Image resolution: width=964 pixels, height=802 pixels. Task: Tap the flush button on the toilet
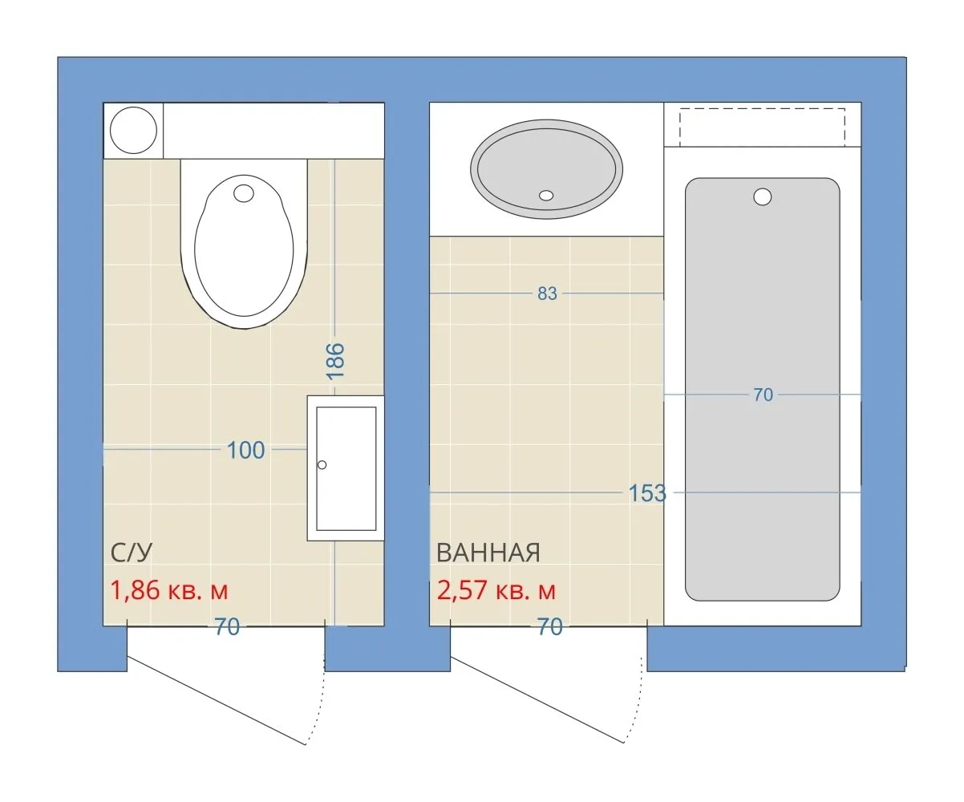coord(243,193)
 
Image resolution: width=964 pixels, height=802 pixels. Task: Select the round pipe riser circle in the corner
coord(133,130)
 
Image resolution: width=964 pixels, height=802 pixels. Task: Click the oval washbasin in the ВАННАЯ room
coord(546,169)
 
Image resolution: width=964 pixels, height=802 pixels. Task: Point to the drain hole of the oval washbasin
coord(546,196)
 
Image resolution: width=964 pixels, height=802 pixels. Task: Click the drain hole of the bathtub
coord(762,196)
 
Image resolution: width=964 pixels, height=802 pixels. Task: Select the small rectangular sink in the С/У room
coord(346,468)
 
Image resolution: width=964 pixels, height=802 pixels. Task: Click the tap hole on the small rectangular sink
coord(322,464)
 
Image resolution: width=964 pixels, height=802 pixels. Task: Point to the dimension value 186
coord(335,362)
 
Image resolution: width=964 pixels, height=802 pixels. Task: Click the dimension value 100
coord(245,450)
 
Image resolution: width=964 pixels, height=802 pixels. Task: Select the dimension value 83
coord(547,294)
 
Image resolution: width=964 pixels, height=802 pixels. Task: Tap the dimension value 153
coord(647,492)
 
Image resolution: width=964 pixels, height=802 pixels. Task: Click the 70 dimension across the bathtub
coord(763,395)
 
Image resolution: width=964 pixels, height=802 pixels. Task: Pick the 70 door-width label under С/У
coord(227,626)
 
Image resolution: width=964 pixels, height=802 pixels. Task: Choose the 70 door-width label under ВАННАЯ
coord(549,626)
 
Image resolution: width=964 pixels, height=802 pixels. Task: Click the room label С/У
coord(131,552)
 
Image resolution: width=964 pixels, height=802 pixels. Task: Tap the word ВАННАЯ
coord(488,553)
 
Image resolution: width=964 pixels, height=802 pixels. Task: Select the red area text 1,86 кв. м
coord(169,590)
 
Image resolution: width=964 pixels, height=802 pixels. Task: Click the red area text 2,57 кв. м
coord(496,590)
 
